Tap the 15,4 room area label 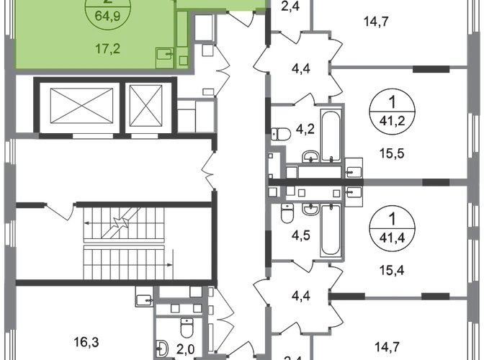click(390, 271)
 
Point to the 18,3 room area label click(83, 341)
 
